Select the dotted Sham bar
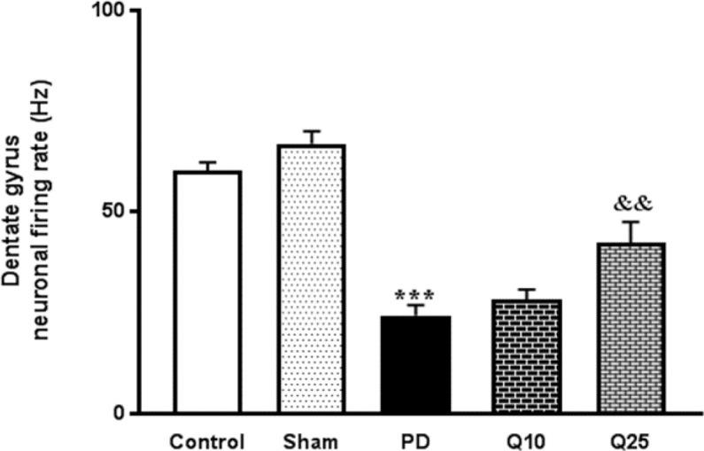tap(312, 279)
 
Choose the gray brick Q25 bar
tap(631, 328)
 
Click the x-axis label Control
tap(207, 440)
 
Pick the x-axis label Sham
tap(312, 440)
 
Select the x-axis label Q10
tap(526, 440)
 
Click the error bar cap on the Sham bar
tap(312, 131)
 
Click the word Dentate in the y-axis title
tap(15, 253)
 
